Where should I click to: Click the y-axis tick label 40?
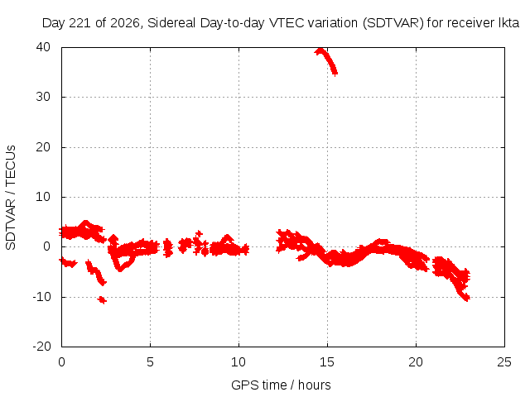(43, 47)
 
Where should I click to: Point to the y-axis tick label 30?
(43, 97)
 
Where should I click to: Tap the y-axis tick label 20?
(43, 147)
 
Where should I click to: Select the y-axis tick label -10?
(41, 297)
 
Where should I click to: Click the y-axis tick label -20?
(41, 347)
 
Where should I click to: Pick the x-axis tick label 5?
(150, 362)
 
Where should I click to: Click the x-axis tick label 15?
(327, 362)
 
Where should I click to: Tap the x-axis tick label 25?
(504, 362)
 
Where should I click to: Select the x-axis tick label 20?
(416, 362)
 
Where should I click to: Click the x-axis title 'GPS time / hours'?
(281, 385)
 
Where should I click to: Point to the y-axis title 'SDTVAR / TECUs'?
(11, 198)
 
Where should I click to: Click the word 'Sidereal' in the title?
(171, 23)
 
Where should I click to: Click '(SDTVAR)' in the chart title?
(393, 23)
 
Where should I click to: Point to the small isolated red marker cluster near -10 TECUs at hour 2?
(102, 299)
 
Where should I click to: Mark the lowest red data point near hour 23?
(466, 299)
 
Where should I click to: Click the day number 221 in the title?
(80, 23)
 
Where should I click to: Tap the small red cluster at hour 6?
(167, 248)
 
